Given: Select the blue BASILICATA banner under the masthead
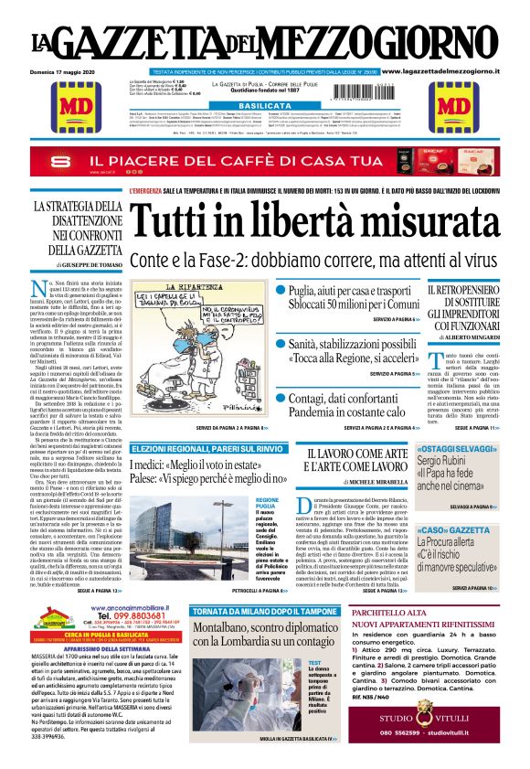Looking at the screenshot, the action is pos(264,106).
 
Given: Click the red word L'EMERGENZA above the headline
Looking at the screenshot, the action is pos(148,190).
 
